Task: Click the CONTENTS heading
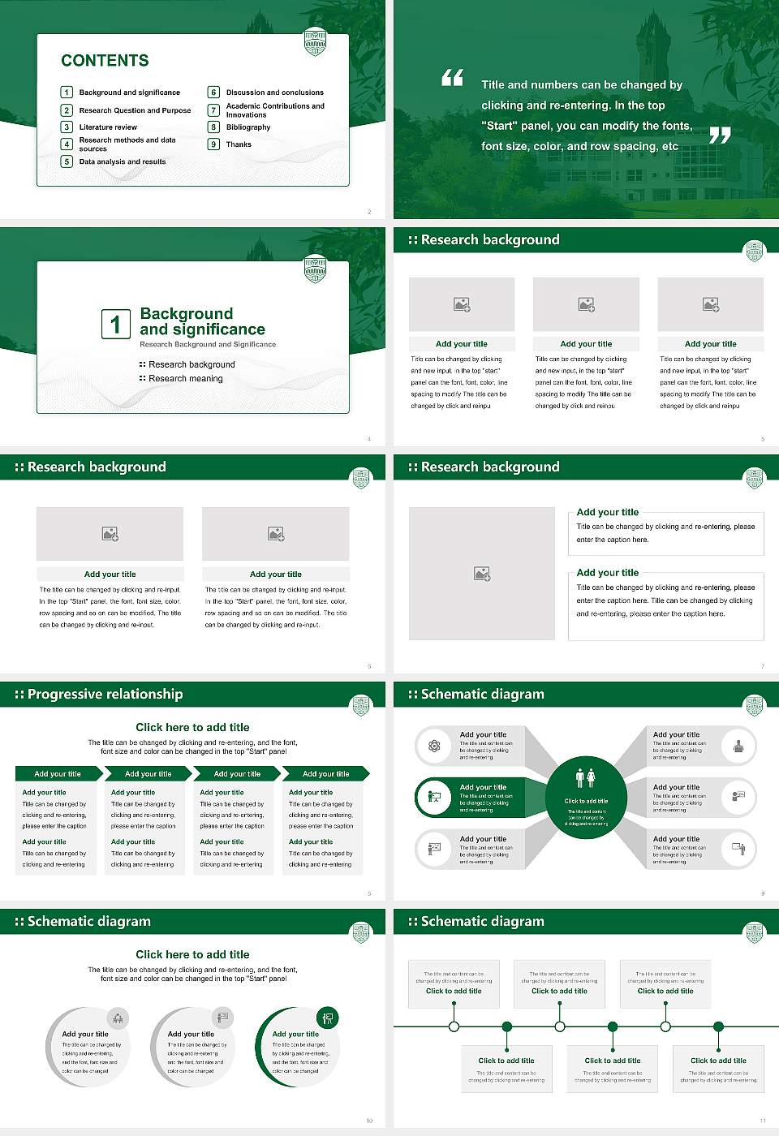click(105, 61)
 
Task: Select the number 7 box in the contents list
click(214, 110)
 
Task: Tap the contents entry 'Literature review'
click(108, 127)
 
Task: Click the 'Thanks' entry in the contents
click(239, 144)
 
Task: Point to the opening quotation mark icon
click(452, 78)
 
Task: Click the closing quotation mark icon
click(720, 136)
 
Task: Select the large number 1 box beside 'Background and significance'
click(115, 324)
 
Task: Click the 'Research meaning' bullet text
click(185, 379)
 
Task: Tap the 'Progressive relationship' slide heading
click(105, 695)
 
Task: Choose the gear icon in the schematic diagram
click(434, 746)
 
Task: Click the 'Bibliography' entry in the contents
click(248, 127)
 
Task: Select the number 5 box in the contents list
click(67, 161)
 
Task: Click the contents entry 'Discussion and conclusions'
click(274, 93)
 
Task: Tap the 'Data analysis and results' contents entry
click(123, 161)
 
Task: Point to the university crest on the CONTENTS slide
click(315, 41)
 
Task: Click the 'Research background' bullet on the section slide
click(192, 365)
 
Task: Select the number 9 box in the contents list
click(214, 144)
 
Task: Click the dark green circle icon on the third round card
click(328, 1018)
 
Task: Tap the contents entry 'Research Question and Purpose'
click(135, 110)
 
